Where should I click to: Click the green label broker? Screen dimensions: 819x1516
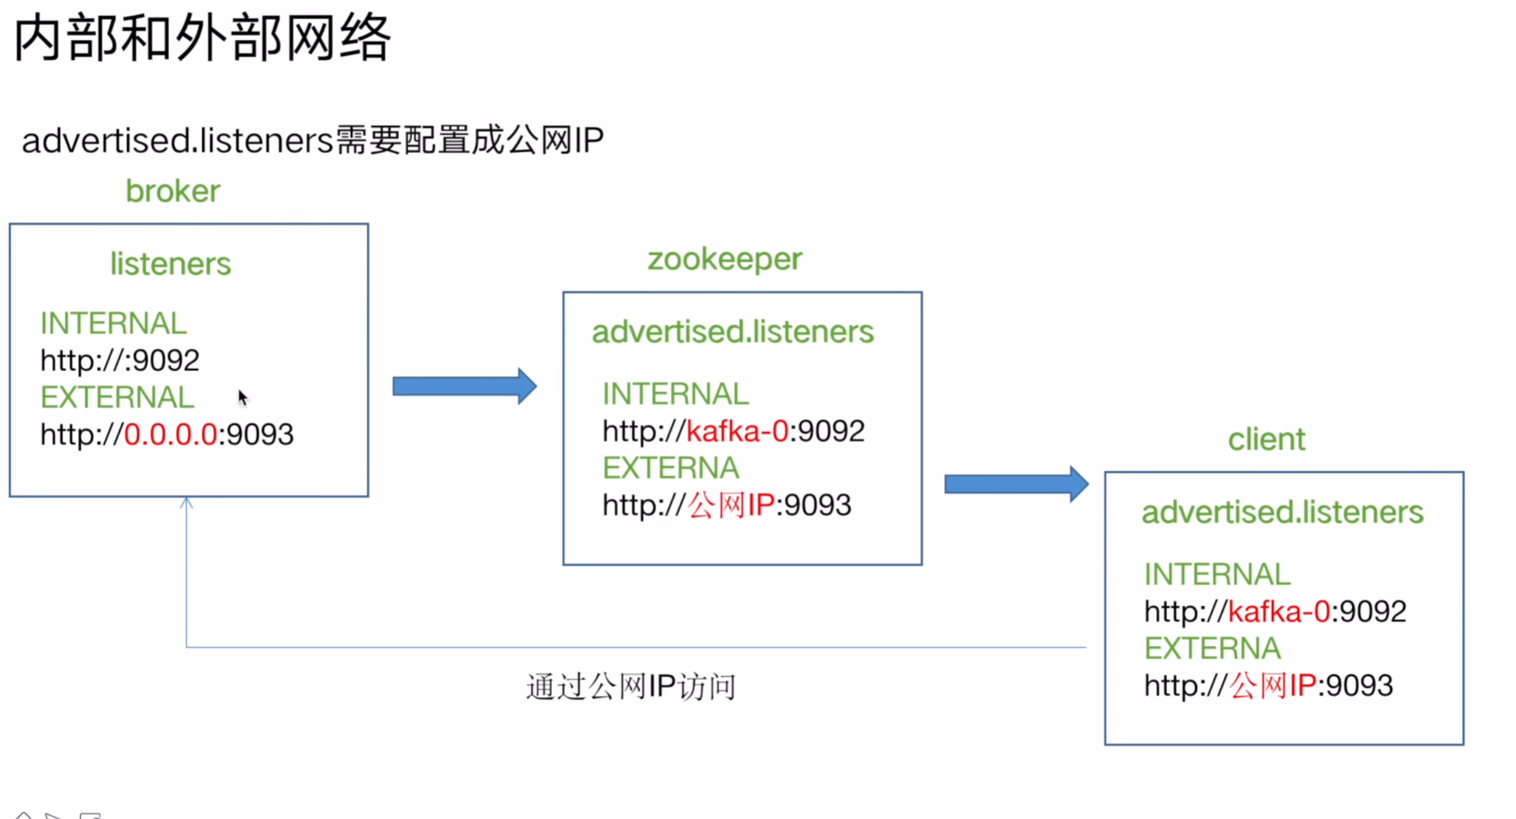[x=172, y=191]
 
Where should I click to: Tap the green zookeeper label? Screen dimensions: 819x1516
[x=724, y=259]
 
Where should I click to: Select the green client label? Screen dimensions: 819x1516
[x=1265, y=440]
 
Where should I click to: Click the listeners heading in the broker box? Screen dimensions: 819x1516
[x=170, y=264]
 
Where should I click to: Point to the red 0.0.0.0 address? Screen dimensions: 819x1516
[x=170, y=434]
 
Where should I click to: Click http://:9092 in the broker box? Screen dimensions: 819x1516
[x=119, y=360]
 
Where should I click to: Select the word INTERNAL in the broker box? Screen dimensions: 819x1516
[x=114, y=323]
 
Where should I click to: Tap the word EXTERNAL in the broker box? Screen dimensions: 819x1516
[x=117, y=398]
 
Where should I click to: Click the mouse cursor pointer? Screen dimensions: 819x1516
[x=242, y=397]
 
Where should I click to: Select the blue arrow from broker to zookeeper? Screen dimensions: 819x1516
[x=464, y=387]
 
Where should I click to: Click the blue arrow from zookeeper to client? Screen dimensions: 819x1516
[x=1016, y=483]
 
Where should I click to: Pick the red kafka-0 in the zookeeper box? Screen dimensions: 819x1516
[x=737, y=431]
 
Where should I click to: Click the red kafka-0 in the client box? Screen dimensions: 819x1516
[x=1278, y=611]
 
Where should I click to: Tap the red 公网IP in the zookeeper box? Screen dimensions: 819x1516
[x=730, y=505]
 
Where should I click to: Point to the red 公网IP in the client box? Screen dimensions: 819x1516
[x=1272, y=685]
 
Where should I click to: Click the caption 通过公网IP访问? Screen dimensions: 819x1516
[x=631, y=686]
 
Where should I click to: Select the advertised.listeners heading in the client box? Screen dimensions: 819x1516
[x=1282, y=512]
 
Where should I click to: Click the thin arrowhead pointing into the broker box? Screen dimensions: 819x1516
[x=186, y=502]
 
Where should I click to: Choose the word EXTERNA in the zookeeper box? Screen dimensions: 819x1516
[x=671, y=468]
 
